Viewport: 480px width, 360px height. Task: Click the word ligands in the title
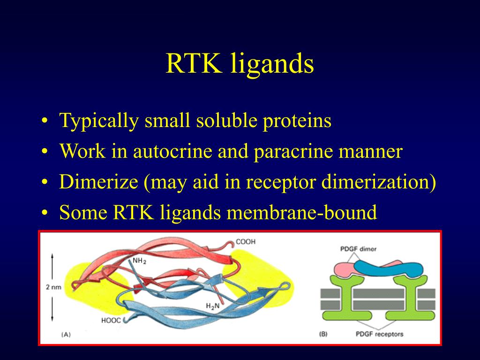pyautogui.click(x=272, y=65)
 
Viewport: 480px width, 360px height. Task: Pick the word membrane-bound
pyautogui.click(x=302, y=212)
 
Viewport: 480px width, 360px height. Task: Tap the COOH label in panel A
pyautogui.click(x=246, y=242)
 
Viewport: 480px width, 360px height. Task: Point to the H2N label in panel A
pyautogui.click(x=213, y=306)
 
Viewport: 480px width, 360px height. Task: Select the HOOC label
pyautogui.click(x=112, y=321)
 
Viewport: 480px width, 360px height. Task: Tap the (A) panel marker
pyautogui.click(x=66, y=334)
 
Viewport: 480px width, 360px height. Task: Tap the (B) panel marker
pyautogui.click(x=323, y=334)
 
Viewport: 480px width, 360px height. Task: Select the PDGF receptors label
pyautogui.click(x=379, y=334)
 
